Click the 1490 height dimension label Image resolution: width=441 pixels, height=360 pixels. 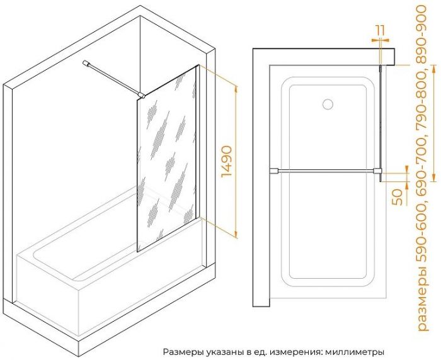pyautogui.click(x=227, y=161)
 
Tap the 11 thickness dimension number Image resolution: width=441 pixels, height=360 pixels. pyautogui.click(x=380, y=30)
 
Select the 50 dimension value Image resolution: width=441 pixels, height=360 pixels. pyautogui.click(x=398, y=197)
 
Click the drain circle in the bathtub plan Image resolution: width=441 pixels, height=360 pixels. pyautogui.click(x=328, y=104)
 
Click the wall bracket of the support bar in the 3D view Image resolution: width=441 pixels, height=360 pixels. pyautogui.click(x=86, y=64)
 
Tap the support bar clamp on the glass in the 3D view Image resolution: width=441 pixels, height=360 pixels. pyautogui.click(x=142, y=96)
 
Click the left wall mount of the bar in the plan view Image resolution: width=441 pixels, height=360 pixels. pyautogui.click(x=273, y=171)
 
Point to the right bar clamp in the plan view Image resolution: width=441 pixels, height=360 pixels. pyautogui.click(x=377, y=171)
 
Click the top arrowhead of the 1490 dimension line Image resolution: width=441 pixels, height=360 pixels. pyautogui.click(x=236, y=89)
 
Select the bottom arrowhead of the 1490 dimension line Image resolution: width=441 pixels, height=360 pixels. pyautogui.click(x=236, y=233)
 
